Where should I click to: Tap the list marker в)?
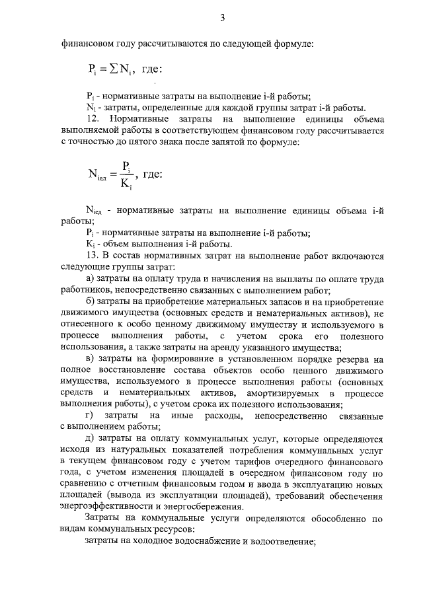(91, 359)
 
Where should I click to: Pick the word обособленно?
(330, 519)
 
